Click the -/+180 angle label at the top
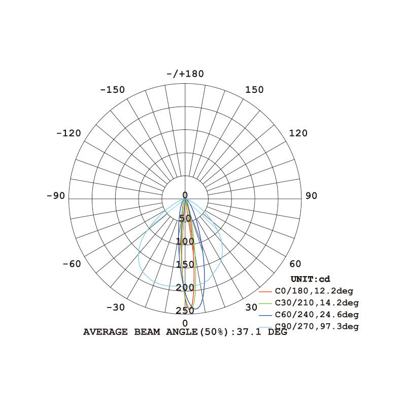[185, 74]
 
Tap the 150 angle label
[254, 90]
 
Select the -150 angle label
[112, 90]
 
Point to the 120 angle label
[298, 133]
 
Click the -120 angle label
[69, 133]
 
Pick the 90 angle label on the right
[311, 196]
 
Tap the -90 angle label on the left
[56, 196]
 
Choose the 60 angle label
[295, 264]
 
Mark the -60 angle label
[72, 264]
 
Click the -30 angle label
[116, 308]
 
